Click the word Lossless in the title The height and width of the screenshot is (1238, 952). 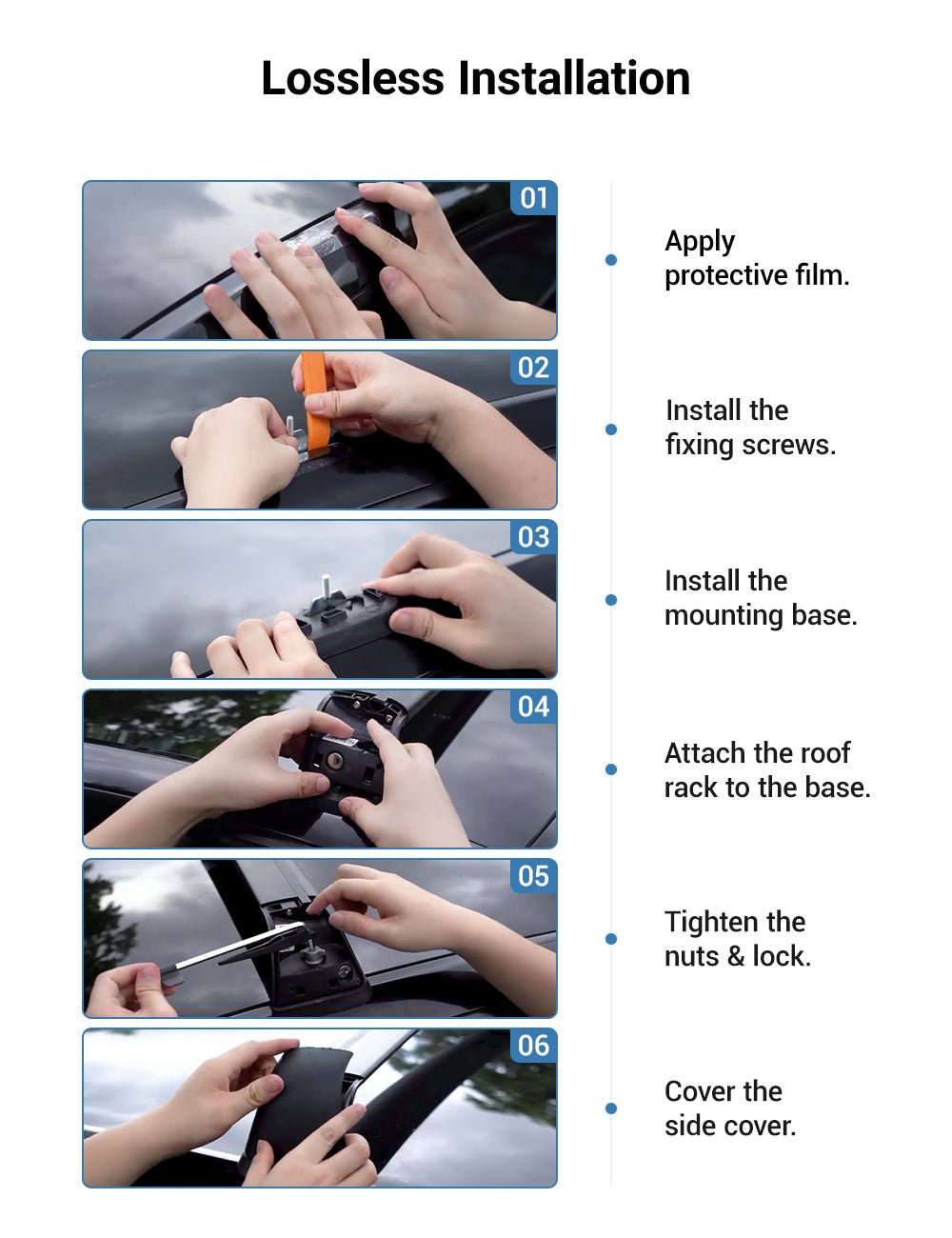(352, 78)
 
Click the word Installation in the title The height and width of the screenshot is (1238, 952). (574, 78)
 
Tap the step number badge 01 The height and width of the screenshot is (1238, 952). (533, 198)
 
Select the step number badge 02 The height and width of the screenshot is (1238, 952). (533, 368)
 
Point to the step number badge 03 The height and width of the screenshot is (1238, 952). (533, 537)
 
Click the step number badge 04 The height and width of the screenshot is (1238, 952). (533, 707)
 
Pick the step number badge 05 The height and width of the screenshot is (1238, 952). (533, 876)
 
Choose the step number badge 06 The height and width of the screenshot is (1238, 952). (533, 1046)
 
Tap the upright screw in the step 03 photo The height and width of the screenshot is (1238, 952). (327, 587)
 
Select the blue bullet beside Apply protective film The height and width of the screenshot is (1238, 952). (611, 260)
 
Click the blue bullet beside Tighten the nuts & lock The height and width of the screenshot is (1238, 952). (611, 938)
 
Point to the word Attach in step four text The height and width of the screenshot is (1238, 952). (701, 753)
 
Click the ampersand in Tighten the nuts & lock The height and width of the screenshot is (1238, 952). (736, 956)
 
